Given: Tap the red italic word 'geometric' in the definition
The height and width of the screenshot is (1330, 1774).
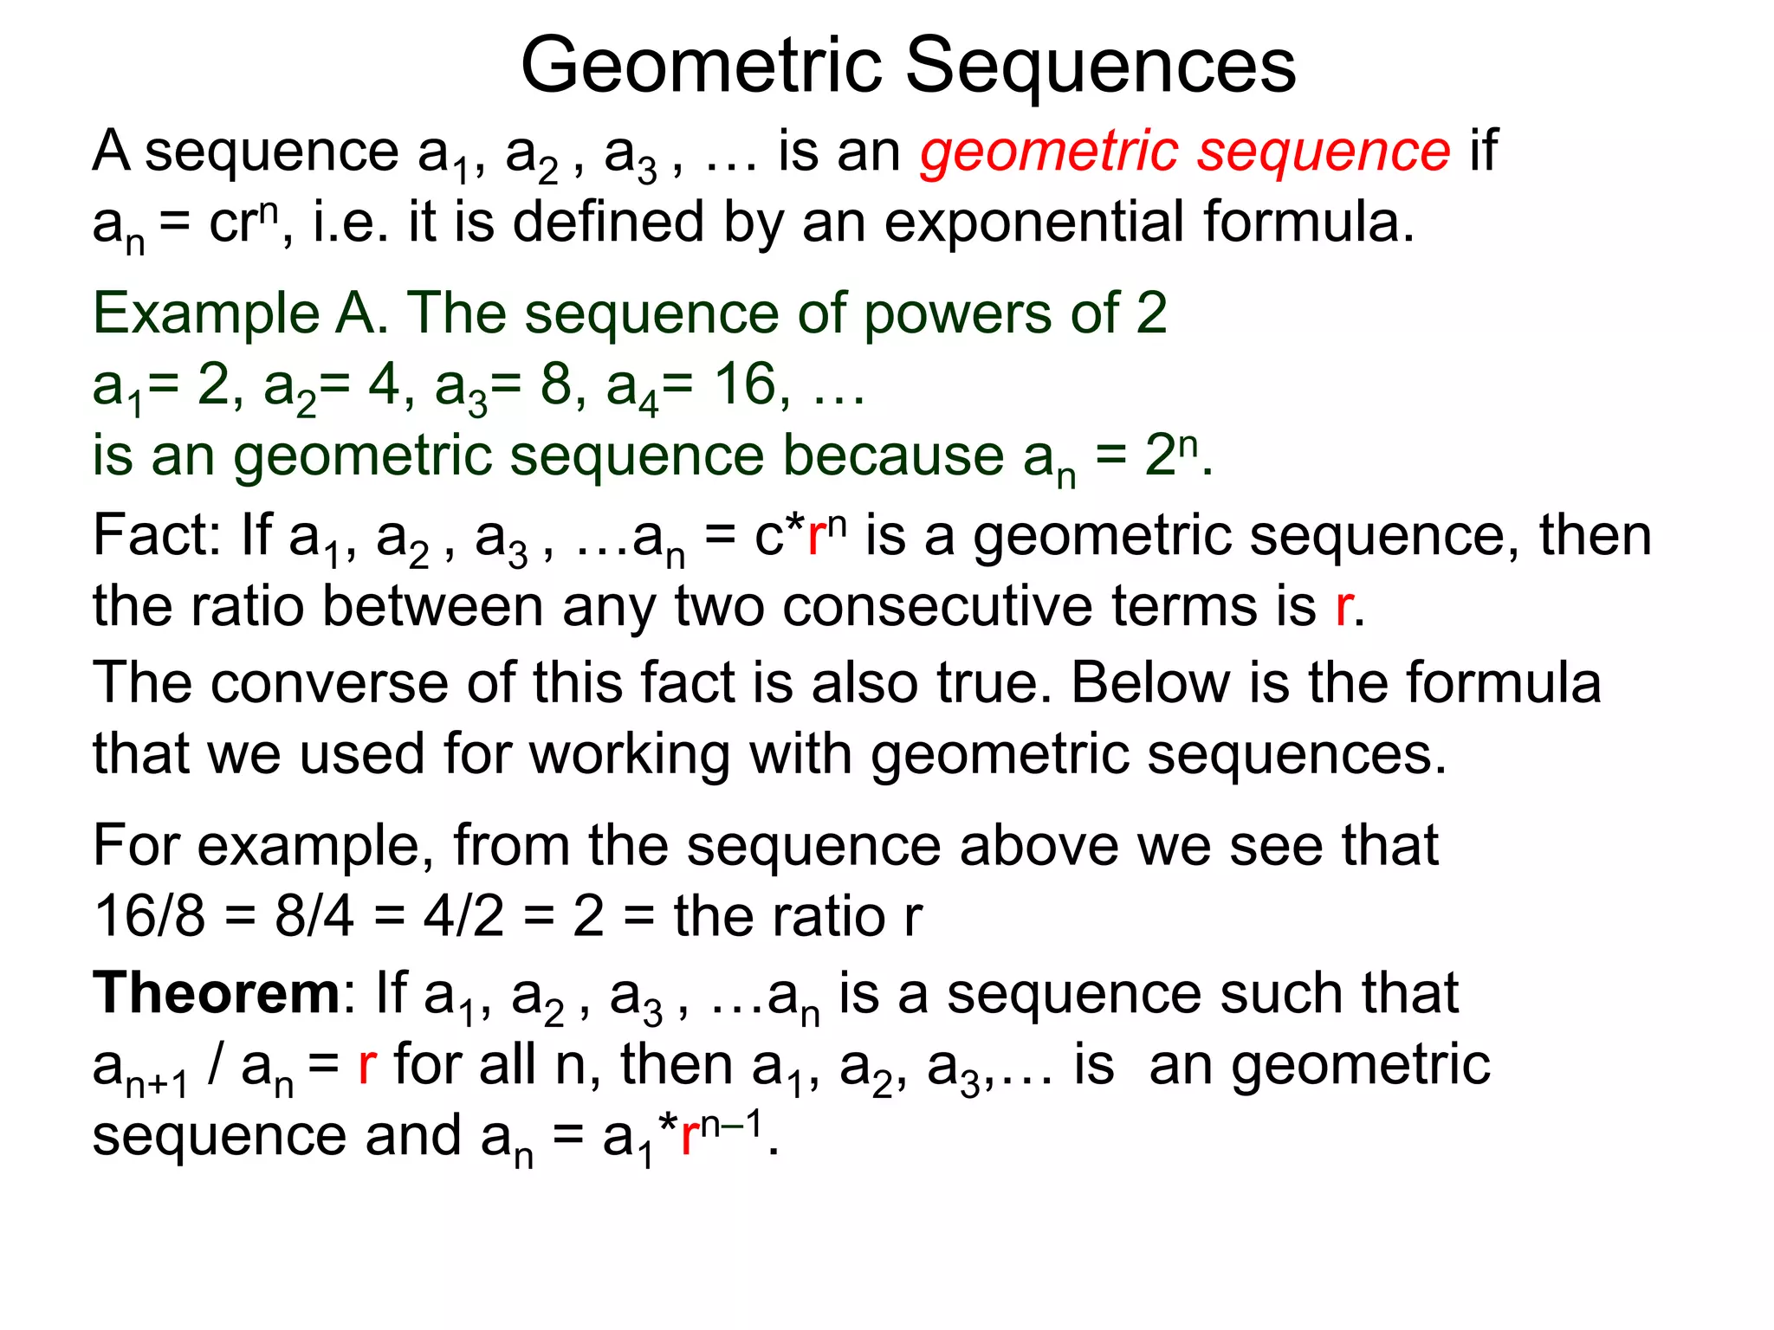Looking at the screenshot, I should click(1048, 152).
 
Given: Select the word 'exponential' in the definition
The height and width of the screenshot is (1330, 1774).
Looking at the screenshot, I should click(1034, 223).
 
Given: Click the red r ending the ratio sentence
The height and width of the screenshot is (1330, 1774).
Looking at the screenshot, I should click(1343, 607).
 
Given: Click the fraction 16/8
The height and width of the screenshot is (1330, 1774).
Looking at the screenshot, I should click(150, 916).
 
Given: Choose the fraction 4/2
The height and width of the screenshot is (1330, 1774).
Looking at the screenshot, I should click(463, 916).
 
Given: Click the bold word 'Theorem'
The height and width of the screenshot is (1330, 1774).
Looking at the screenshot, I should click(217, 992).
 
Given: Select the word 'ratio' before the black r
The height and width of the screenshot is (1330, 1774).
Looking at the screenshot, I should click(829, 916).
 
